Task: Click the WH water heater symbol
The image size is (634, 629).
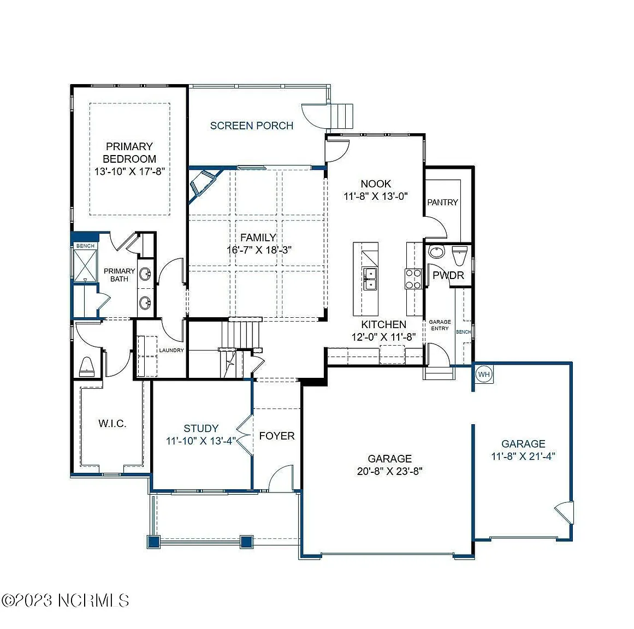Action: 484,374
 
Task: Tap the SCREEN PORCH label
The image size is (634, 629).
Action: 252,126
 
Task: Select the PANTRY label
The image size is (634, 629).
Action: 442,202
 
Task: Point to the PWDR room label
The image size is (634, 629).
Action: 448,275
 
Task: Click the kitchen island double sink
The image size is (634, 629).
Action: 370,279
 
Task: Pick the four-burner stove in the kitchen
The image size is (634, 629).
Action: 413,279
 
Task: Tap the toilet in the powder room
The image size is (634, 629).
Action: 459,254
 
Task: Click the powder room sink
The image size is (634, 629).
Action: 436,252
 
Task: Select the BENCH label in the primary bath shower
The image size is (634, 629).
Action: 85,246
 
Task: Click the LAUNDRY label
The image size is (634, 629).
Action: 171,350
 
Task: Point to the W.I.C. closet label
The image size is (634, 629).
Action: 112,423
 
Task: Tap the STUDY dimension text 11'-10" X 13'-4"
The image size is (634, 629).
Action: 201,441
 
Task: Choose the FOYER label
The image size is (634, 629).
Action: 277,436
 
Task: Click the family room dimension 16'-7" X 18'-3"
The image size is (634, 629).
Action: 259,250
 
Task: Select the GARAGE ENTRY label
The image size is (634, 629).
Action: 440,325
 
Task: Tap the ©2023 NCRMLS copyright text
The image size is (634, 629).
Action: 65,600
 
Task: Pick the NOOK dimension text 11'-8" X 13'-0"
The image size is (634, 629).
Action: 376,197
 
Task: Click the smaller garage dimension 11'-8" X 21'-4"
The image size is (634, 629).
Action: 523,456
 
